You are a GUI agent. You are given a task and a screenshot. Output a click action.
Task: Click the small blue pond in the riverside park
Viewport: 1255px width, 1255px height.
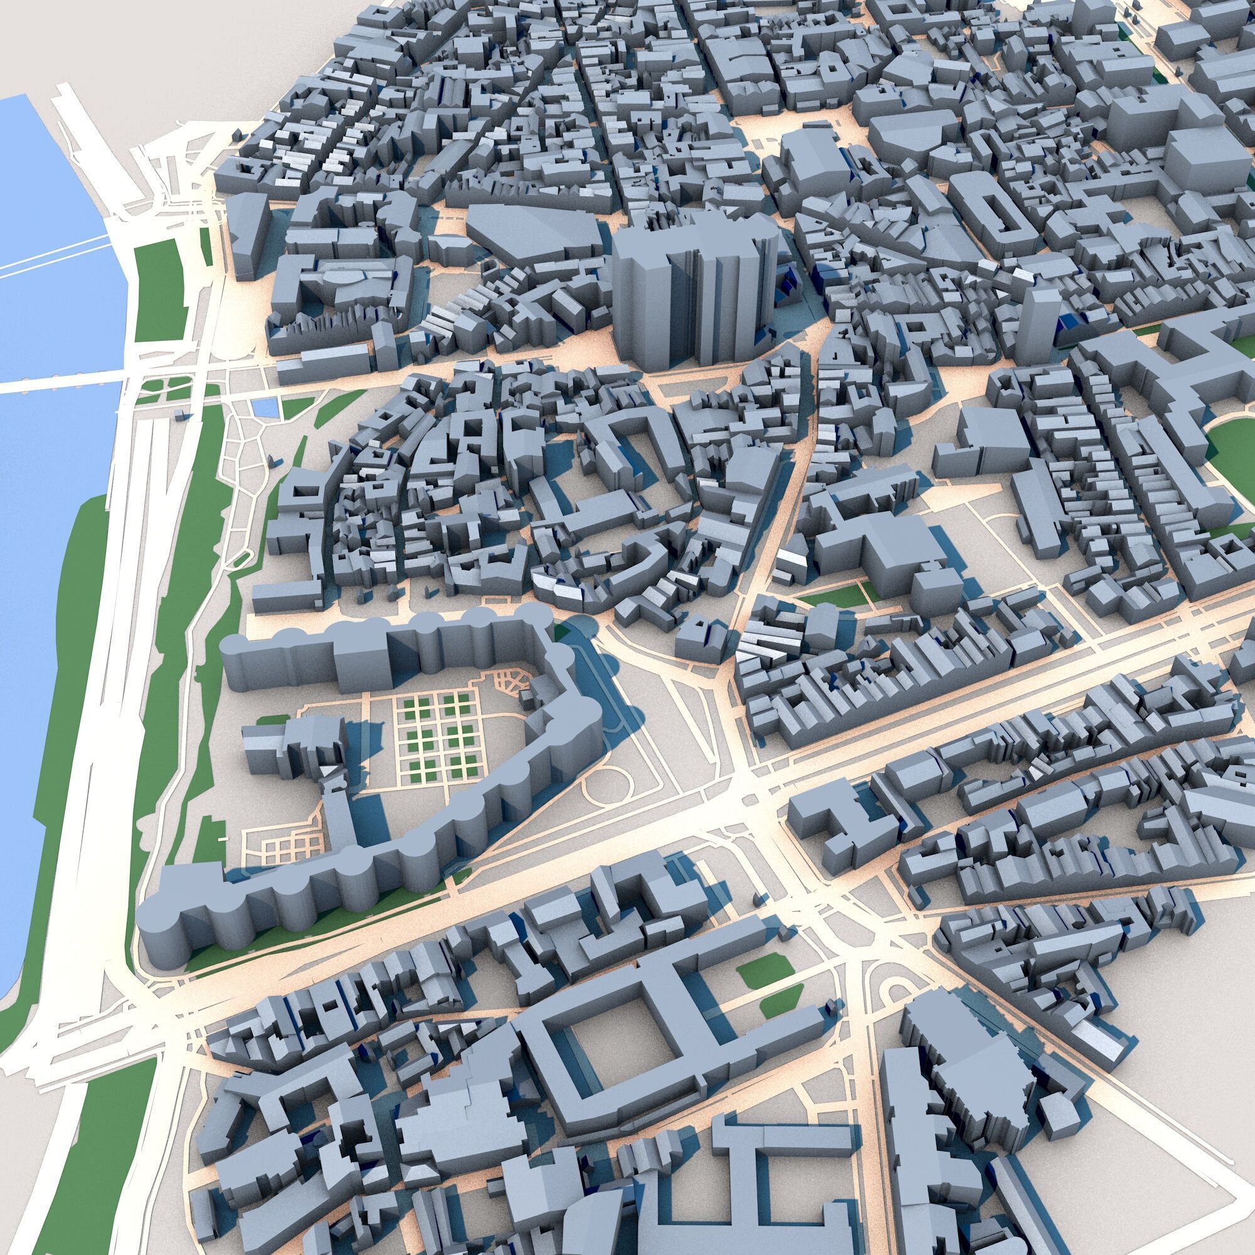tap(263, 408)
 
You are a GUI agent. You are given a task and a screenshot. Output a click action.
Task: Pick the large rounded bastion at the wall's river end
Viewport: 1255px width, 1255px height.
tap(163, 922)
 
